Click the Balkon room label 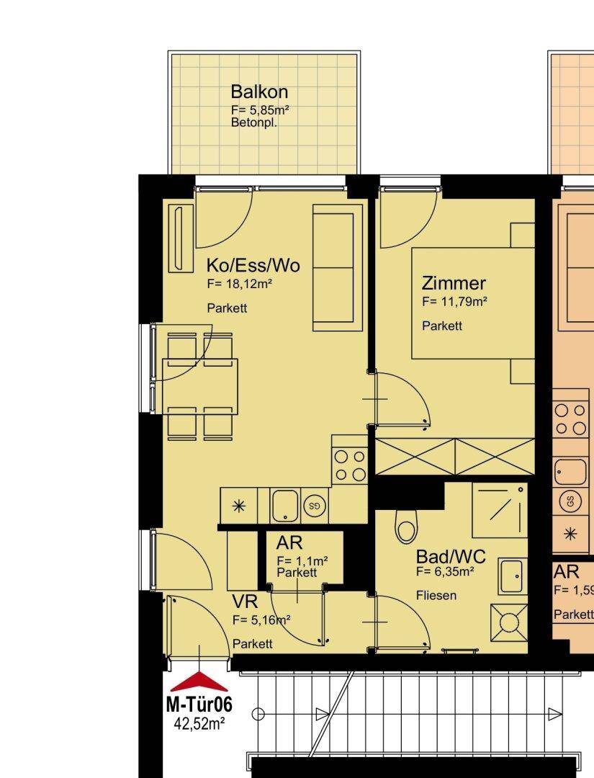(x=259, y=91)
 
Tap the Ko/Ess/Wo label (x=253, y=265)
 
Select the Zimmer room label (x=454, y=283)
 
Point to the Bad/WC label (x=451, y=557)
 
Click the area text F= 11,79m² (x=454, y=301)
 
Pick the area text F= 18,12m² (x=240, y=284)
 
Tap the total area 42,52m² (x=199, y=724)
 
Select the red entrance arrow (x=199, y=681)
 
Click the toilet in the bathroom (x=407, y=525)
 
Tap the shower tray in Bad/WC (x=499, y=510)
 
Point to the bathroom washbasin (x=513, y=576)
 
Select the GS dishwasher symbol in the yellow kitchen (x=315, y=506)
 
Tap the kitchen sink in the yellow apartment (x=285, y=506)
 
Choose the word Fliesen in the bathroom (x=436, y=595)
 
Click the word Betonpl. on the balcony (x=254, y=122)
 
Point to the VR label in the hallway (x=245, y=602)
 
